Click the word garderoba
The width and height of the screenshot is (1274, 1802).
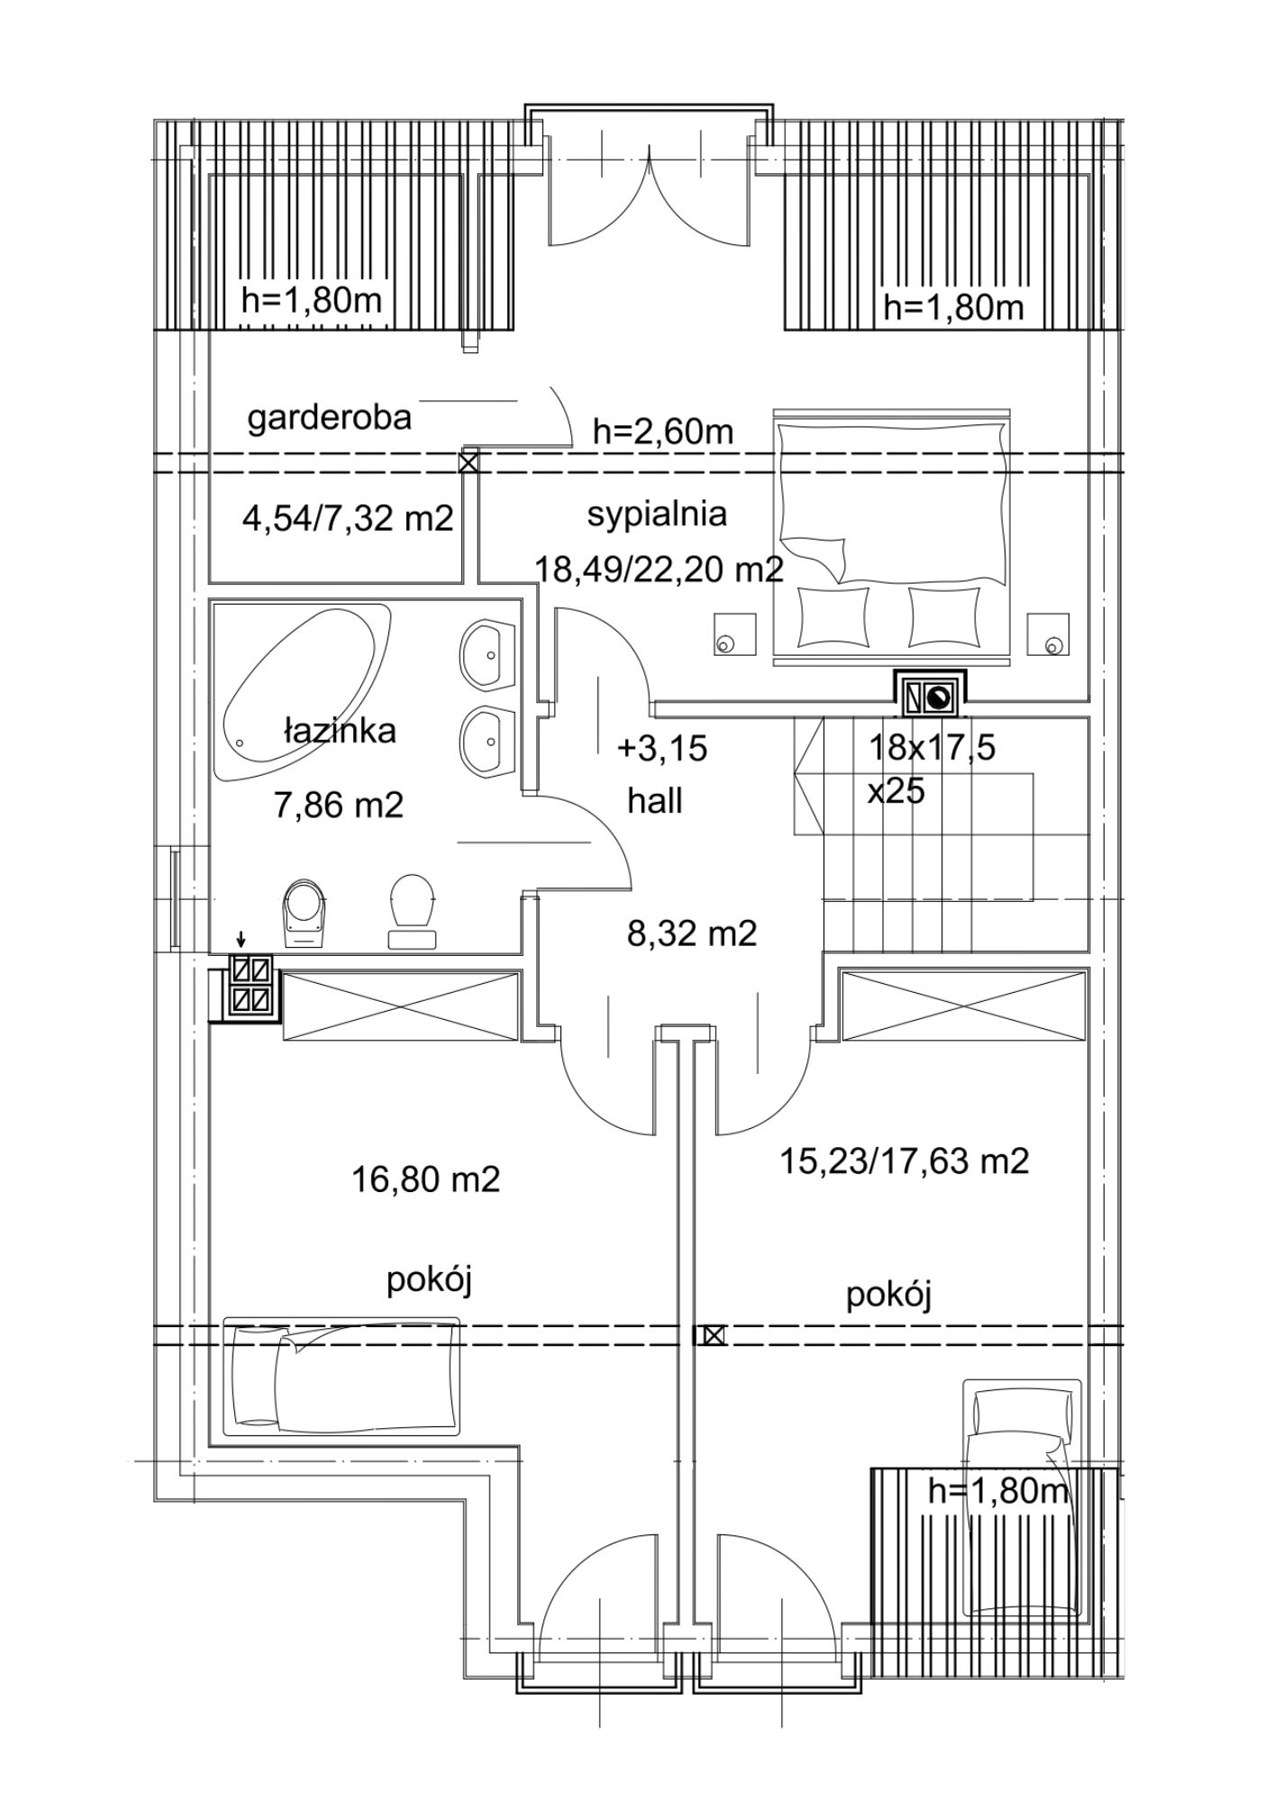coord(329,418)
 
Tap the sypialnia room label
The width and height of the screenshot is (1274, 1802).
coord(657,514)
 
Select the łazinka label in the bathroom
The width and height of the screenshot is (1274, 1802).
coord(339,731)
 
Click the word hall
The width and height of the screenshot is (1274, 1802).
coord(655,800)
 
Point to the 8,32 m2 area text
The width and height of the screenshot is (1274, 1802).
coord(692,933)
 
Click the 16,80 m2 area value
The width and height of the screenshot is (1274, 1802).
coord(425,1179)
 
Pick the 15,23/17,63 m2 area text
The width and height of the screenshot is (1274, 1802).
coord(904,1160)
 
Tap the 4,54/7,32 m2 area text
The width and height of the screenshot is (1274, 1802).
coord(348,520)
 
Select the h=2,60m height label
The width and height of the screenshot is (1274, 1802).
coord(663,432)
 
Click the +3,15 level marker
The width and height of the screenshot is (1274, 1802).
coord(662,748)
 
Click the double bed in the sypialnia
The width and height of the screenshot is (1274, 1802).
coord(892,538)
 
